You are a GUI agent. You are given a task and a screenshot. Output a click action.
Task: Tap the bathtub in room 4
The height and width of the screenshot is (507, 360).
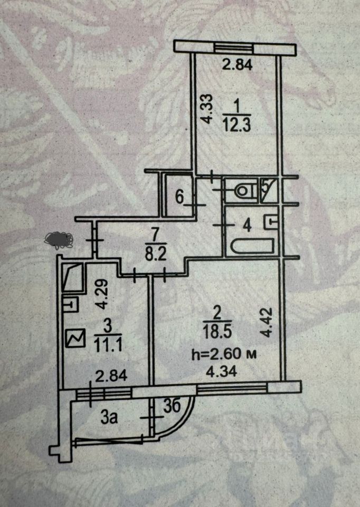pyautogui.click(x=252, y=247)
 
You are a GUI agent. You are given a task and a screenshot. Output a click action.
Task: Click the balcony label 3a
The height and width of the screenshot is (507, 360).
pyautogui.click(x=109, y=418)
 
